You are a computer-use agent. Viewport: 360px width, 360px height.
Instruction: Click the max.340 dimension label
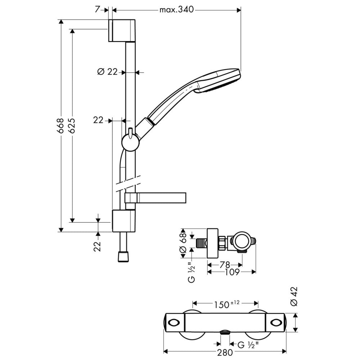coord(177,10)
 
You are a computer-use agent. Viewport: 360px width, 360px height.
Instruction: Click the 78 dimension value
coord(225,265)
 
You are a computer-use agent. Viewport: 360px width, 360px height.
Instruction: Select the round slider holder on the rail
coord(129,142)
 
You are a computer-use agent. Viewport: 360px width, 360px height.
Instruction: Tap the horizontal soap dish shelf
coord(155,197)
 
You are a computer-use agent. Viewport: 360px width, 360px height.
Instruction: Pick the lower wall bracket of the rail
coord(123,220)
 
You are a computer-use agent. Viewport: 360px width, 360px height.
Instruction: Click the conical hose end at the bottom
coord(123,257)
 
